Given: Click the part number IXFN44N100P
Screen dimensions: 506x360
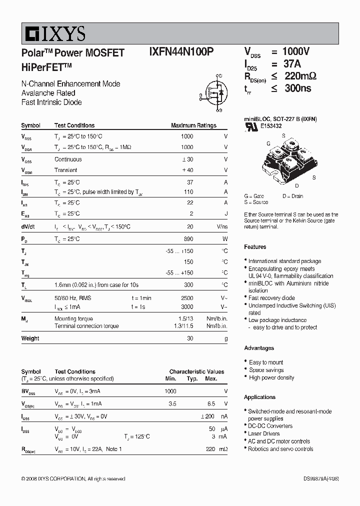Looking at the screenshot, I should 181,53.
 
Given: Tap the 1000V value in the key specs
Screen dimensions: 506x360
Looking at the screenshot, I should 296,51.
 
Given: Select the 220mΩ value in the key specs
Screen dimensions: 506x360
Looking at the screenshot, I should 299,76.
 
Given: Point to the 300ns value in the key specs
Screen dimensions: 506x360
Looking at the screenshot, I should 296,88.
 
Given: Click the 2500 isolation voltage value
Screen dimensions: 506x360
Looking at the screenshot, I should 186,298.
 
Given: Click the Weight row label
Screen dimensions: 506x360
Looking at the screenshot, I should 30,338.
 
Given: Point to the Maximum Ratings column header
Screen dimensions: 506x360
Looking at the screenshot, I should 193,125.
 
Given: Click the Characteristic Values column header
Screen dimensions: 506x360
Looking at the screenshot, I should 196,372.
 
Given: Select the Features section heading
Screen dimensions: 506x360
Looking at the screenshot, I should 255,247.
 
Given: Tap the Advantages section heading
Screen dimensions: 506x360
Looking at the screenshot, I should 259,348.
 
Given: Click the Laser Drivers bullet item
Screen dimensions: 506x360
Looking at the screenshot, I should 264,433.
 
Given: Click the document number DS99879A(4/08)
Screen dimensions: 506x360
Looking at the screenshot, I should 321,479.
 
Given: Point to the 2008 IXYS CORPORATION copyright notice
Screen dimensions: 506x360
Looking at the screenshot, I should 73,479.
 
